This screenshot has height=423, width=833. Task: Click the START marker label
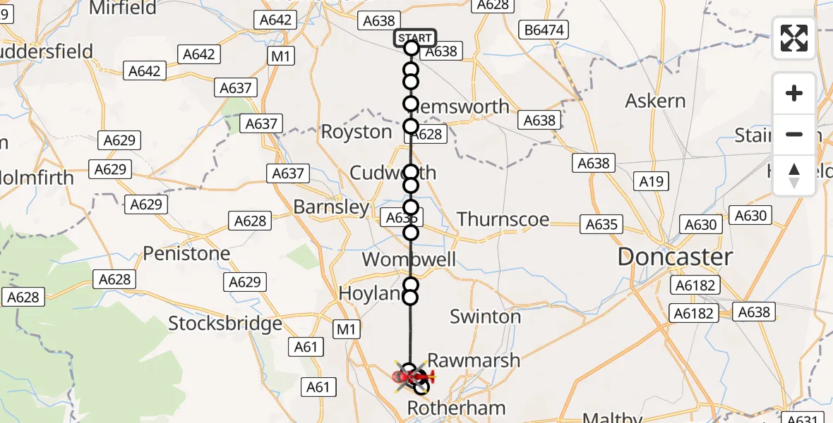pyautogui.click(x=414, y=38)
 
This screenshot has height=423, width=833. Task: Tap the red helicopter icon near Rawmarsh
pyautogui.click(x=413, y=378)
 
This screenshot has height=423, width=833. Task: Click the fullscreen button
pyautogui.click(x=794, y=39)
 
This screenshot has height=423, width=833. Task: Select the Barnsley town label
pyautogui.click(x=331, y=207)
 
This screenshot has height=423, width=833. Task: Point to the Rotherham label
pyautogui.click(x=457, y=408)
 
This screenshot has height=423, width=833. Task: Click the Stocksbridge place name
pyautogui.click(x=225, y=324)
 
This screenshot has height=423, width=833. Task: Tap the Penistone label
pyautogui.click(x=186, y=253)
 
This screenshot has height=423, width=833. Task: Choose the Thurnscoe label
pyautogui.click(x=503, y=219)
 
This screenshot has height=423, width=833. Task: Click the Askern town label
pyautogui.click(x=655, y=101)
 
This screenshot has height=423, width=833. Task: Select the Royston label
pyautogui.click(x=356, y=132)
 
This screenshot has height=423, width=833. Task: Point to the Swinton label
pyautogui.click(x=485, y=317)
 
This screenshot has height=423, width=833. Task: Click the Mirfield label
pyautogui.click(x=123, y=8)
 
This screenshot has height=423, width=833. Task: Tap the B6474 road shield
pyautogui.click(x=544, y=30)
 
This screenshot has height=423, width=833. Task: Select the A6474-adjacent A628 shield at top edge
pyautogui.click(x=493, y=4)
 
